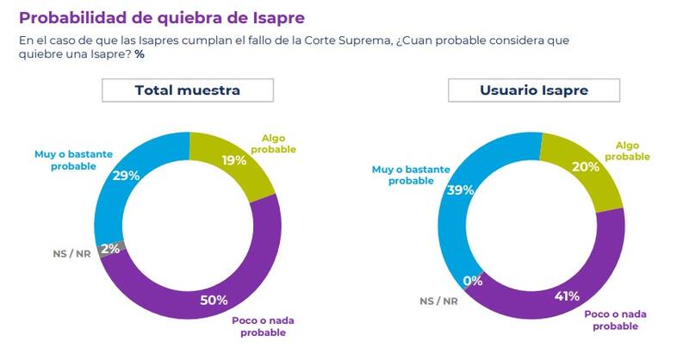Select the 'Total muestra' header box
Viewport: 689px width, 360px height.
point(187,90)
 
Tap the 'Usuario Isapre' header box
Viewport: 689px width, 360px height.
point(531,90)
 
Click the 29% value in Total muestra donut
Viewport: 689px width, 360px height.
point(127,175)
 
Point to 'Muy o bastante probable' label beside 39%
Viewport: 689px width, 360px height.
point(405,175)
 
